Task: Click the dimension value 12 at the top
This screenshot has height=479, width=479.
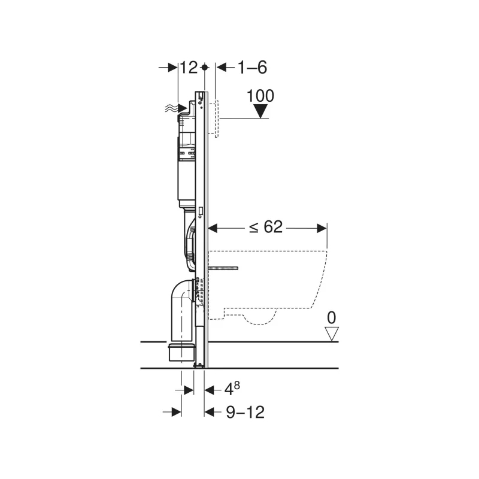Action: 189,68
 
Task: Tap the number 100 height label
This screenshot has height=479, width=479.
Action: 260,96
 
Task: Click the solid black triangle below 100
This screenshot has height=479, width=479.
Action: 260,111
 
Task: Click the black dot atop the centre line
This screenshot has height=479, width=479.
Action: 205,68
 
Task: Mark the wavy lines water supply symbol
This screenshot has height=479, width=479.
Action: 172,108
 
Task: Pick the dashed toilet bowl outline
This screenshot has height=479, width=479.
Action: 275,281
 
